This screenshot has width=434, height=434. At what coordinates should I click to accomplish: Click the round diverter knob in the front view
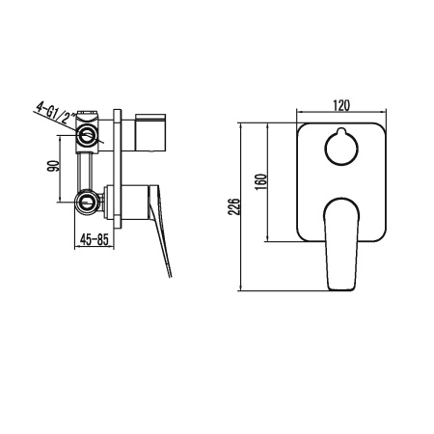[341, 148]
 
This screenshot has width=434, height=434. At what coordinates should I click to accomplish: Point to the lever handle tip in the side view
[171, 276]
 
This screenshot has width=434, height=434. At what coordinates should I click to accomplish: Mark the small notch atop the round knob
[341, 131]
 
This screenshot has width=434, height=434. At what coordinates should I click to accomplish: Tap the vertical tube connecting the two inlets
[89, 169]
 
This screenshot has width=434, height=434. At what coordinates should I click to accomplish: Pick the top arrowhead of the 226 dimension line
[240, 123]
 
